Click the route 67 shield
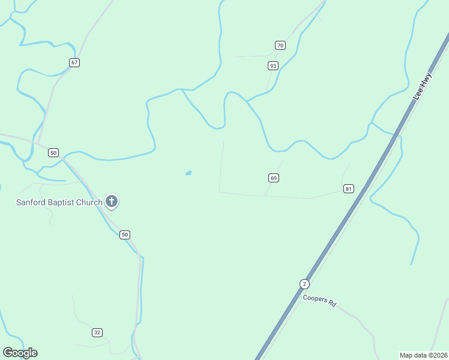coord(74,62)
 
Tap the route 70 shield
coord(280,46)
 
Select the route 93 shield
coord(273,65)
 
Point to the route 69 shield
coord(274,178)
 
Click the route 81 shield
coord(348,188)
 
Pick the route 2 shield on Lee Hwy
coord(304,283)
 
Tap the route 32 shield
coord(97,332)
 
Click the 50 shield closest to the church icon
coord(124,235)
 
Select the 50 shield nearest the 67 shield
coord(53,152)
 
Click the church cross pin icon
coord(112,202)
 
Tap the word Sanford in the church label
coord(32,202)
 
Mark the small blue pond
coord(188,173)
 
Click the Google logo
coord(20,353)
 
